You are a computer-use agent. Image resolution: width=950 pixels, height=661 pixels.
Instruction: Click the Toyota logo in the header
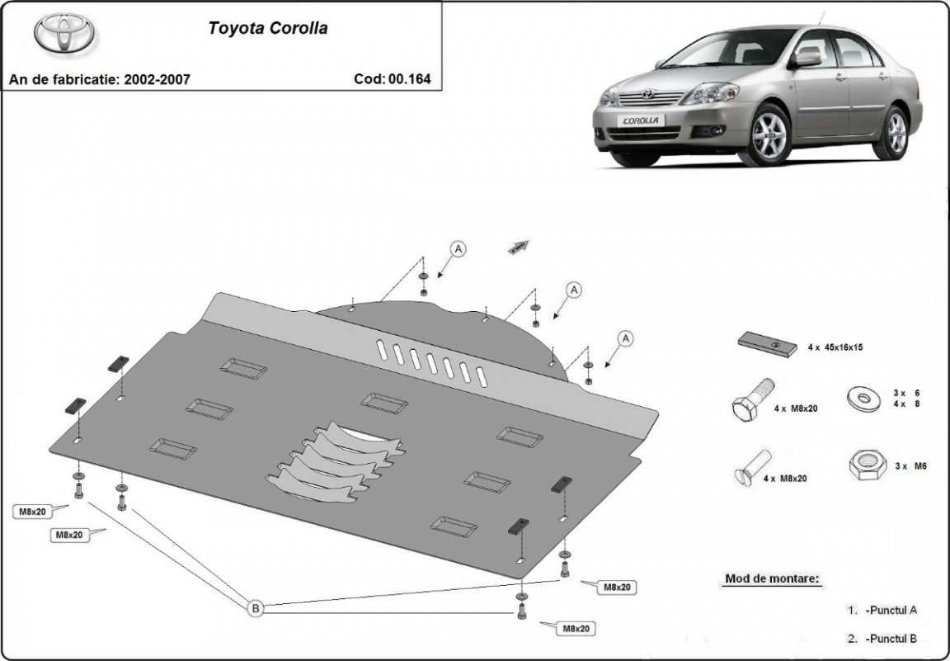pyautogui.click(x=64, y=33)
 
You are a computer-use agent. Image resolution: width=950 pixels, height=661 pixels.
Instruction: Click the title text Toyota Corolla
pyautogui.click(x=267, y=28)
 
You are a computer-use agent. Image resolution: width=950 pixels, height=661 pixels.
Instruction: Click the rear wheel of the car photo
pyautogui.click(x=895, y=132)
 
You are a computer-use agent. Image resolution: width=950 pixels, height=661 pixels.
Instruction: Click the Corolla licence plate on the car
pyautogui.click(x=641, y=120)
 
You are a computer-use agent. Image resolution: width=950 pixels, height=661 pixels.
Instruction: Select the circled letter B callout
pyautogui.click(x=256, y=609)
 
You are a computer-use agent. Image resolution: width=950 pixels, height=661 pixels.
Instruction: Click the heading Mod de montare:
pyautogui.click(x=773, y=578)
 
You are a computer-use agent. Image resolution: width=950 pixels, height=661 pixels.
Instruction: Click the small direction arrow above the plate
pyautogui.click(x=517, y=245)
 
